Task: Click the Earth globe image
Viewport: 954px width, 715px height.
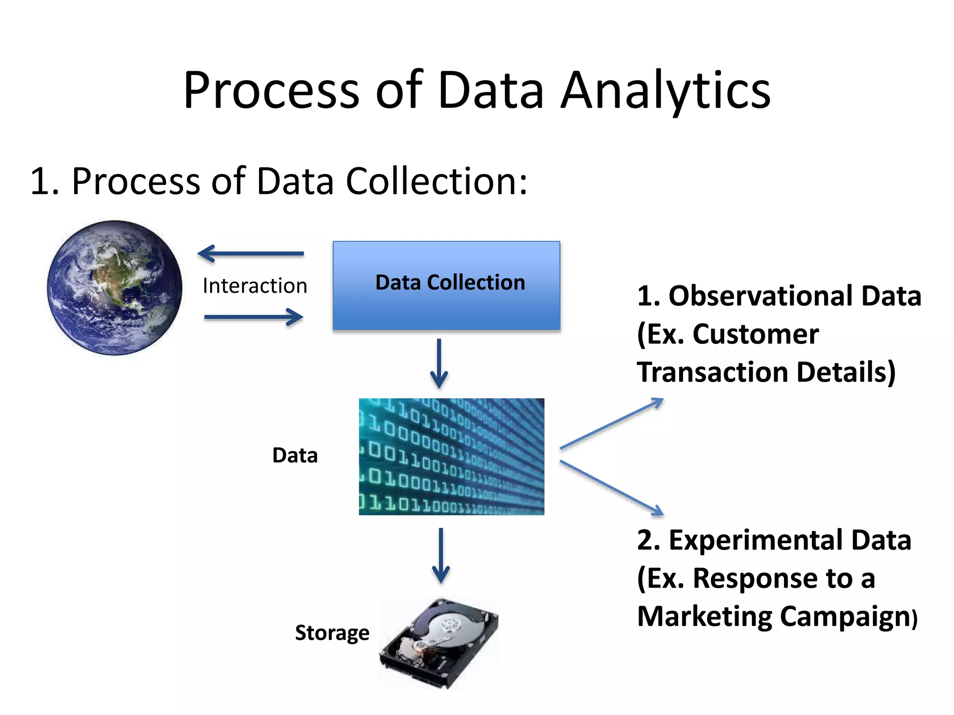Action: [115, 288]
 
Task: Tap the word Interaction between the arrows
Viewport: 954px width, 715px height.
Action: [255, 286]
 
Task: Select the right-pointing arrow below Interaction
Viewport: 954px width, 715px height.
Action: [254, 317]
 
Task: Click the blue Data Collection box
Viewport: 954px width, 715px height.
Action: [446, 285]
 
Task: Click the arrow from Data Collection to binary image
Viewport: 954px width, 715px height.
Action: [439, 363]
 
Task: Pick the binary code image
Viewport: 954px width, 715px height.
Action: [451, 456]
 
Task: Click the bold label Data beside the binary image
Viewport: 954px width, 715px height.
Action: [295, 455]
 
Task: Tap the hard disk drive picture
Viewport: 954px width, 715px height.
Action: [439, 643]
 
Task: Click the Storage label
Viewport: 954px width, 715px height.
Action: [332, 633]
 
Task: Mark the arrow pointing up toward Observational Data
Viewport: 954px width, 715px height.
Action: [611, 424]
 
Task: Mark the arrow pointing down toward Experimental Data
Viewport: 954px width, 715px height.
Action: [611, 488]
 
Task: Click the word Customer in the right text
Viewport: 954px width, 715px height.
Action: [756, 334]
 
